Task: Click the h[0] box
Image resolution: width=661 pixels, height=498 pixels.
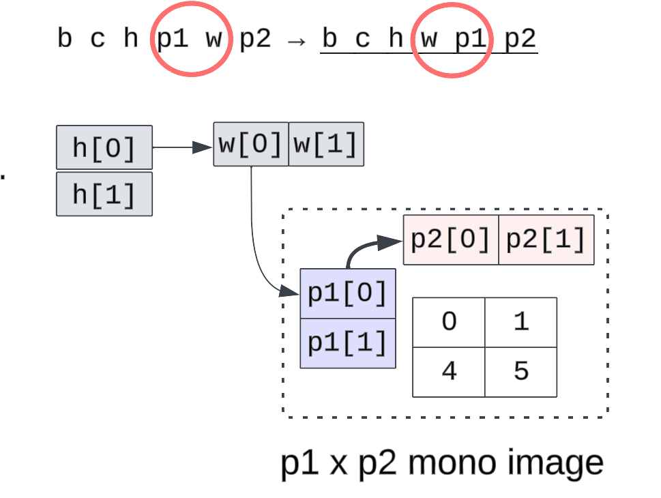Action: point(104,147)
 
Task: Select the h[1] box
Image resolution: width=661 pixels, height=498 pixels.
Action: point(104,194)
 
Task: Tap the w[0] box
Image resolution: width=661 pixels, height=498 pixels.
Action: point(251,144)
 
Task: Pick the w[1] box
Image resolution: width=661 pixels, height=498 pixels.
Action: point(326,144)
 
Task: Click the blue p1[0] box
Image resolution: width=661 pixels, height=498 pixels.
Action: point(348,293)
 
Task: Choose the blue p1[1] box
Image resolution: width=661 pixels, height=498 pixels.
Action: point(348,343)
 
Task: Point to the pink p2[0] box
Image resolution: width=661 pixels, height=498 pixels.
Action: point(451,239)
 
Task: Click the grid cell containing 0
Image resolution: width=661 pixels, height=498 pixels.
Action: point(449,322)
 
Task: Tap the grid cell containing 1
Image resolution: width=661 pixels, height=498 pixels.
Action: point(521,322)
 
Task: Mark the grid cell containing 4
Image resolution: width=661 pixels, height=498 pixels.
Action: point(449,372)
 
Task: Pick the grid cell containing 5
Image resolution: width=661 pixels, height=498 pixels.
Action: point(521,372)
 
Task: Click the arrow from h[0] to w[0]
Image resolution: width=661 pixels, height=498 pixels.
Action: point(181,147)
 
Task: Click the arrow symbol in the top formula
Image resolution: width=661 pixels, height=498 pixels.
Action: point(295,40)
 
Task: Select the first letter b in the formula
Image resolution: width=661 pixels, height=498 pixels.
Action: point(65,39)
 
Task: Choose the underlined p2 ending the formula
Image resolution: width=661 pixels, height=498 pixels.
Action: point(520,39)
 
